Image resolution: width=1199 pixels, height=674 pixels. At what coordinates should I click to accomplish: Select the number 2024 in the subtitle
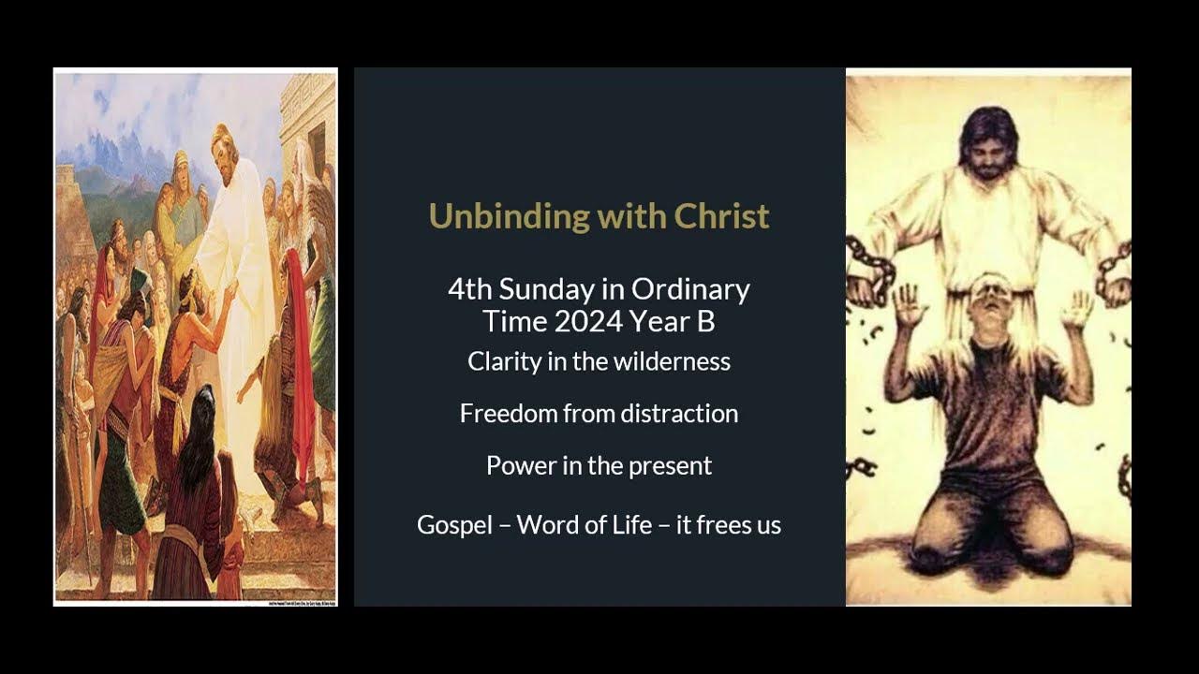coord(589,321)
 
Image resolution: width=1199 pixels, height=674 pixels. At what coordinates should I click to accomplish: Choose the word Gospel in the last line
coord(454,525)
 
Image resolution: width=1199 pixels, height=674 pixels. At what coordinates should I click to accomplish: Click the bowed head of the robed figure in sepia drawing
coord(988,140)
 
